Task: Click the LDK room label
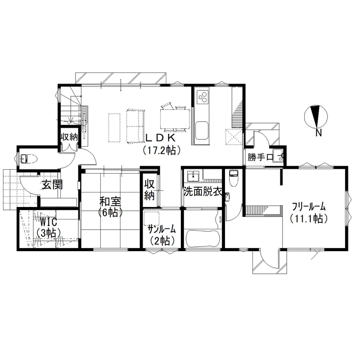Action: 161,138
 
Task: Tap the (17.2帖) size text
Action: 161,150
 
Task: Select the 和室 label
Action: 110,201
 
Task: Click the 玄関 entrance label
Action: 52,185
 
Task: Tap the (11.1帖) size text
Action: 308,218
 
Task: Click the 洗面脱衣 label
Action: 202,192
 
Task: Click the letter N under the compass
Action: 318,133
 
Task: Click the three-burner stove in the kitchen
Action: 202,97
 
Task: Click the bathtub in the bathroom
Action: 202,238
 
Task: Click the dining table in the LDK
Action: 175,118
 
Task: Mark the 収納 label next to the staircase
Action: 69,137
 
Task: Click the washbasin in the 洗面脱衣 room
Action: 194,176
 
